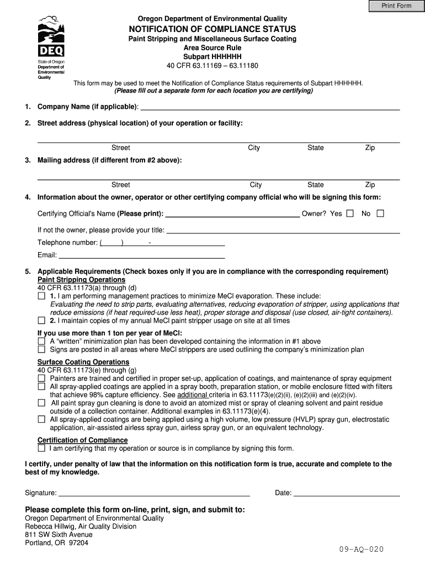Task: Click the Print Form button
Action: point(397,6)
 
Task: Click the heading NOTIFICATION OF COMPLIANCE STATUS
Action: point(212,29)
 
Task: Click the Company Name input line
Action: point(270,106)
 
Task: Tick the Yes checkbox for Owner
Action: point(350,214)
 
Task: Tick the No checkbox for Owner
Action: point(380,214)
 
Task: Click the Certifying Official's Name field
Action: point(232,214)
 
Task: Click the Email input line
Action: point(142,255)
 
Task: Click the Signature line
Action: point(154,493)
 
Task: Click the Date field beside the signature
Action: point(346,493)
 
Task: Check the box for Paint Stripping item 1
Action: point(41,296)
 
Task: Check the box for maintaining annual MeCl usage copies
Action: point(41,321)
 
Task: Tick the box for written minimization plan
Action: point(41,342)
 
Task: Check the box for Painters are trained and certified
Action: point(41,379)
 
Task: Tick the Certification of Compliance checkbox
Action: point(41,448)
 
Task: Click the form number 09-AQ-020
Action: point(361,550)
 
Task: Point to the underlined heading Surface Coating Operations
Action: point(83,363)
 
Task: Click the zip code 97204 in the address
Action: point(78,543)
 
